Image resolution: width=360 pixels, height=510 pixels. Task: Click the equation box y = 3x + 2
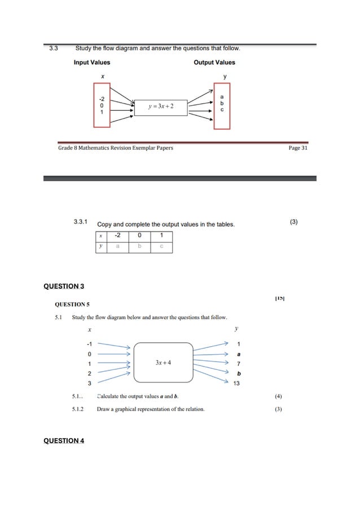(x=160, y=106)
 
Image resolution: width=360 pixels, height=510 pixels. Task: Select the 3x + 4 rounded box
(x=164, y=363)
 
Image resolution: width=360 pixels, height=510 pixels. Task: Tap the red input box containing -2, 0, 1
(x=102, y=106)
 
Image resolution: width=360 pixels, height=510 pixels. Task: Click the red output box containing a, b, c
(x=222, y=106)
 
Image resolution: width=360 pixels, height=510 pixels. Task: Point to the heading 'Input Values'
(x=92, y=62)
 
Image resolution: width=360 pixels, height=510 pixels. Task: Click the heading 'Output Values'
(x=214, y=62)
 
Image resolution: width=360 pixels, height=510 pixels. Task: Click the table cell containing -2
(x=117, y=236)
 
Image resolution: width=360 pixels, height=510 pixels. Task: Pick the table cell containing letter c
(x=161, y=246)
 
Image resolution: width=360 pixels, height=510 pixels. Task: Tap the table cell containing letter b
(x=139, y=246)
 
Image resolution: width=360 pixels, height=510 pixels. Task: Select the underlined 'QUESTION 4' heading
(x=63, y=441)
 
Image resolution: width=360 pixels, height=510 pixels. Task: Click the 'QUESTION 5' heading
(x=72, y=303)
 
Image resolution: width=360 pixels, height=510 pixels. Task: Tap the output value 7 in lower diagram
(x=239, y=363)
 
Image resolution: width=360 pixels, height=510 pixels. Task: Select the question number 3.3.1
(x=81, y=222)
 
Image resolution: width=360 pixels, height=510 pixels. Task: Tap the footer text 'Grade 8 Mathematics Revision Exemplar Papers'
(x=116, y=148)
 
